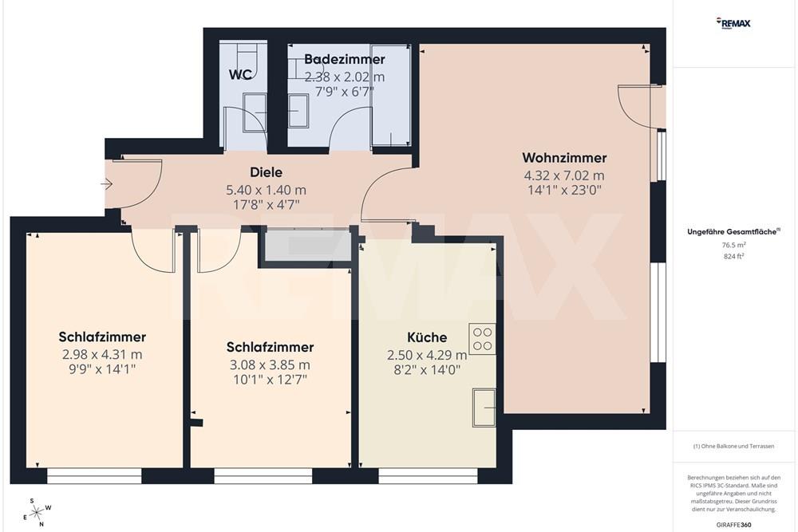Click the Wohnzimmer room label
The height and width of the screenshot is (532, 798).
coord(564,158)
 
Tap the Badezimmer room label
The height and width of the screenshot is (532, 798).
coord(345,59)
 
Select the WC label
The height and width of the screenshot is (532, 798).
coord(240,74)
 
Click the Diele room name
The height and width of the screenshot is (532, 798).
coord(266,172)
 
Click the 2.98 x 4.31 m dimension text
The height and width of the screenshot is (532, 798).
coord(102,354)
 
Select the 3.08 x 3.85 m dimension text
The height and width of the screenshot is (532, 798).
coord(270,365)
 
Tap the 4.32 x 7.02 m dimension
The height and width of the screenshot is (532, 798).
coord(564,175)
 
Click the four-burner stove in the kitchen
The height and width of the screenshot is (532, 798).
coord(483,339)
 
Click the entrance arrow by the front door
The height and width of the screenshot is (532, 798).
coord(107,184)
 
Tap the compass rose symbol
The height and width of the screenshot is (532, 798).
coord(38,510)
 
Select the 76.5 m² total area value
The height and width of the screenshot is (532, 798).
coord(733,246)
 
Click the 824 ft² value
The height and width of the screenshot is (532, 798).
coord(733,256)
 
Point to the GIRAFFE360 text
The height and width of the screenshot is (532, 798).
coord(734,525)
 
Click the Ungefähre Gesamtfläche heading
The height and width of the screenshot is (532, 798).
coord(733,232)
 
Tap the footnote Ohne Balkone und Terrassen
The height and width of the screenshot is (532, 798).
coord(733,446)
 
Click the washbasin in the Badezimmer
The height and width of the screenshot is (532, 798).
coord(298,110)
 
